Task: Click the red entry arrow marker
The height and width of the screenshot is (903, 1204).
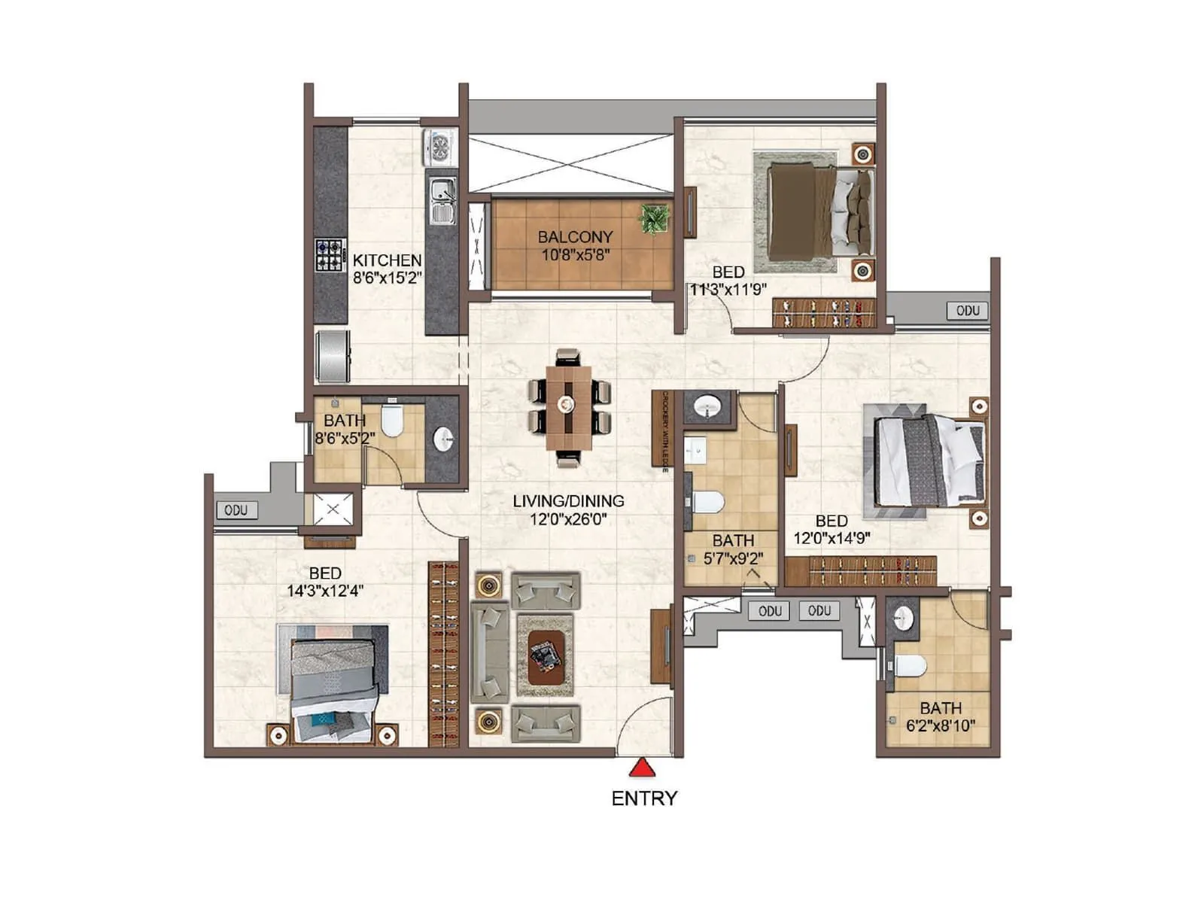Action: click(642, 768)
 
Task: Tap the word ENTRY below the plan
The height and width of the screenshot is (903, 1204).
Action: click(644, 798)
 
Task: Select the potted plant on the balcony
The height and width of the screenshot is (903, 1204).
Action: click(654, 219)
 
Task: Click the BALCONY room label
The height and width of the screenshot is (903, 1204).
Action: click(575, 237)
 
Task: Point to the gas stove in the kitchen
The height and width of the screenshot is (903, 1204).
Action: click(330, 255)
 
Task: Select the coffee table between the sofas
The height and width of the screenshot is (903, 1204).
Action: click(546, 656)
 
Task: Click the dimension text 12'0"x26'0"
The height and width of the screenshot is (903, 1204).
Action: click(568, 519)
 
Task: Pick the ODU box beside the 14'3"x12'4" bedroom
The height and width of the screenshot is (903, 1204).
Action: click(236, 510)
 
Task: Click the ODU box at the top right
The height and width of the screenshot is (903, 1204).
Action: click(968, 311)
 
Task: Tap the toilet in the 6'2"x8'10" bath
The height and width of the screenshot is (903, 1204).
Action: click(910, 666)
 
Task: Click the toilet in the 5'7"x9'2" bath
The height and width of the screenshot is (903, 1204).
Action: click(707, 501)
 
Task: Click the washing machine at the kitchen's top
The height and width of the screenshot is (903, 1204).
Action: click(440, 147)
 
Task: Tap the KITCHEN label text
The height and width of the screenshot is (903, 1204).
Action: click(387, 260)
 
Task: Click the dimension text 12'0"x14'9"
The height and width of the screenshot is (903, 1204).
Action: click(832, 538)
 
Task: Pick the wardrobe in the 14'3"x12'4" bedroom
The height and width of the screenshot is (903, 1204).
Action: click(443, 654)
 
